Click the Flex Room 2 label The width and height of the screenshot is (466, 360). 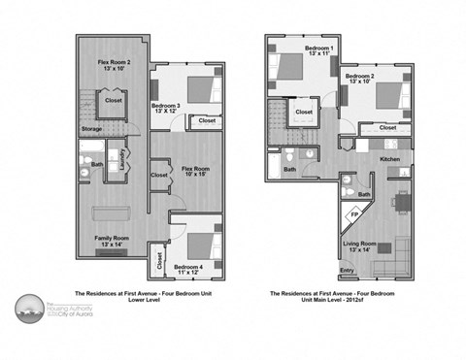click(116, 63)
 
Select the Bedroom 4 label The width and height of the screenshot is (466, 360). click(189, 267)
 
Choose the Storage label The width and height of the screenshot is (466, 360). click(92, 128)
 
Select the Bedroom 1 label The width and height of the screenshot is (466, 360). click(319, 50)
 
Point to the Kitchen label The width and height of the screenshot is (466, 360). click(389, 158)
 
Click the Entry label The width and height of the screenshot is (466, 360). click(347, 271)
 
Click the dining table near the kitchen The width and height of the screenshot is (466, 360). click(399, 202)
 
